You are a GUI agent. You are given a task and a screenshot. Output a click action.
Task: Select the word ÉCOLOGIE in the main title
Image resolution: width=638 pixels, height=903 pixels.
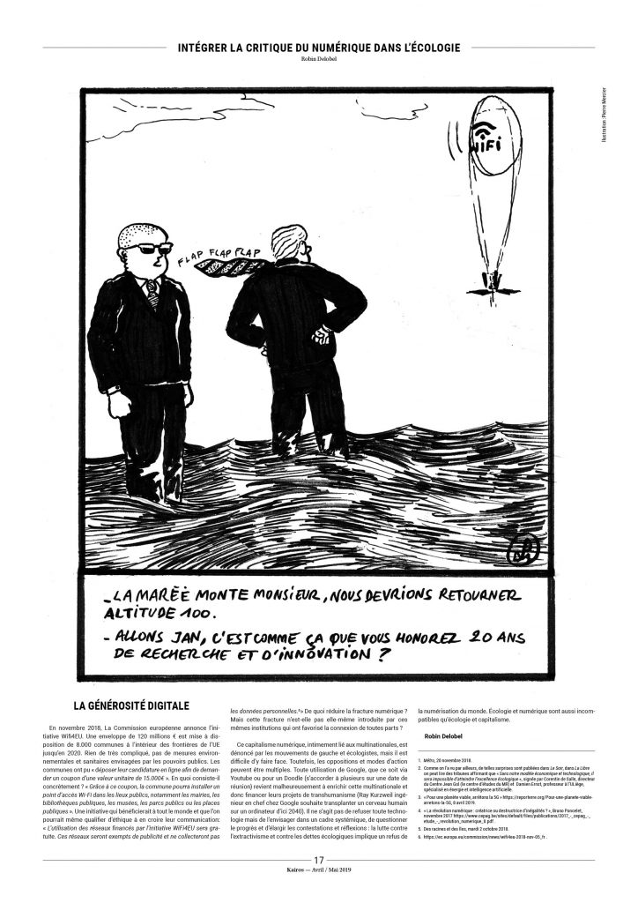[424, 47]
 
